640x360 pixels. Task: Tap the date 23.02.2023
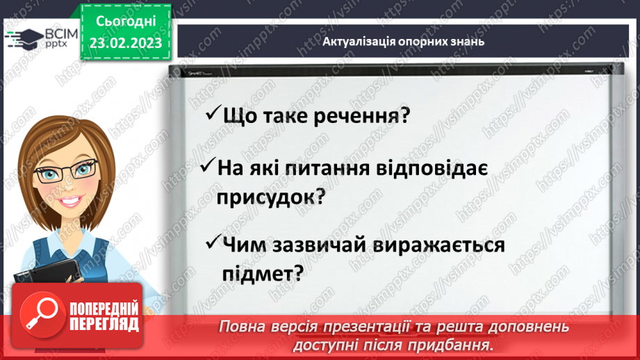pyautogui.click(x=126, y=44)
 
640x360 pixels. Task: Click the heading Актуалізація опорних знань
pyautogui.click(x=403, y=41)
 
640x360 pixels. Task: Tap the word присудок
pyautogui.click(x=270, y=197)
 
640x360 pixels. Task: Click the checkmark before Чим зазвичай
pyautogui.click(x=213, y=243)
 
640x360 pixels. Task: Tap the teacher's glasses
pyautogui.click(x=66, y=170)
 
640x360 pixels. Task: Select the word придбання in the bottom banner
pyautogui.click(x=459, y=344)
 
